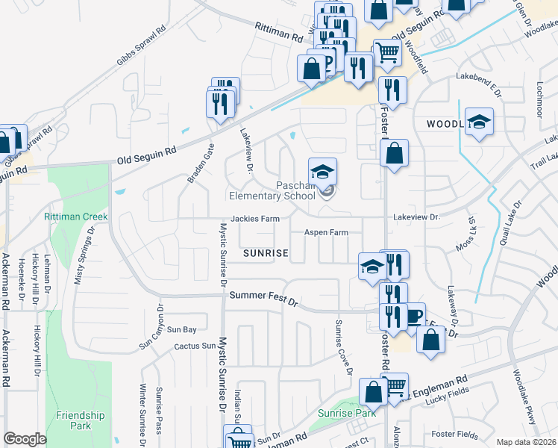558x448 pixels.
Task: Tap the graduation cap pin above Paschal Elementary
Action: pyautogui.click(x=323, y=172)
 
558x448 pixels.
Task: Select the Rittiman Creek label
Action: pyautogui.click(x=75, y=217)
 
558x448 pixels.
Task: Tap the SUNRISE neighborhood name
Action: pyautogui.click(x=266, y=254)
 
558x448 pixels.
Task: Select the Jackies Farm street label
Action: pyautogui.click(x=254, y=220)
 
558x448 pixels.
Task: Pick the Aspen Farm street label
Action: pyautogui.click(x=326, y=233)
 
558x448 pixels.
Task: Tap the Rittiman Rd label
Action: pyautogui.click(x=278, y=31)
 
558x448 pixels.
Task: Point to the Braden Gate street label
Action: pyautogui.click(x=201, y=164)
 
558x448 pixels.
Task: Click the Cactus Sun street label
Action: pyautogui.click(x=195, y=346)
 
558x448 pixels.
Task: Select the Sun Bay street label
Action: pyautogui.click(x=181, y=329)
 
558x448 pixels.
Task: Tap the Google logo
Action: pyautogui.click(x=25, y=439)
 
